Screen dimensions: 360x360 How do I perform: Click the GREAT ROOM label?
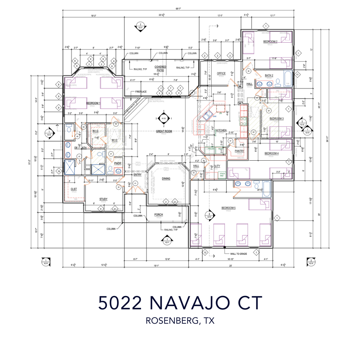tap(164, 131)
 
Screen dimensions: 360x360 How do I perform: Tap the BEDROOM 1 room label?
tap(84, 103)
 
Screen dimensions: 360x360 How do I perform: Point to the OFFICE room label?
tap(221, 73)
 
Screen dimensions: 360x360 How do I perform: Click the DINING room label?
tap(166, 179)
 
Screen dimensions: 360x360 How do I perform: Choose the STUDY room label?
tap(103, 199)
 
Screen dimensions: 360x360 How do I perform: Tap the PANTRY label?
tap(239, 151)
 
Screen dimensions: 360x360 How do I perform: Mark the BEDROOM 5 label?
tap(228, 208)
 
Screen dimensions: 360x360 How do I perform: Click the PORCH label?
tap(158, 215)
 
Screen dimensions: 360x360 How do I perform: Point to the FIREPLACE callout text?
tap(141, 92)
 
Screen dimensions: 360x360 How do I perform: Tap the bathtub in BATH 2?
tap(287, 77)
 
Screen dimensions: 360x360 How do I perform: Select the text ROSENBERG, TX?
tap(180, 321)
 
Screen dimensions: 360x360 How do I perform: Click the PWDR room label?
tap(118, 163)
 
